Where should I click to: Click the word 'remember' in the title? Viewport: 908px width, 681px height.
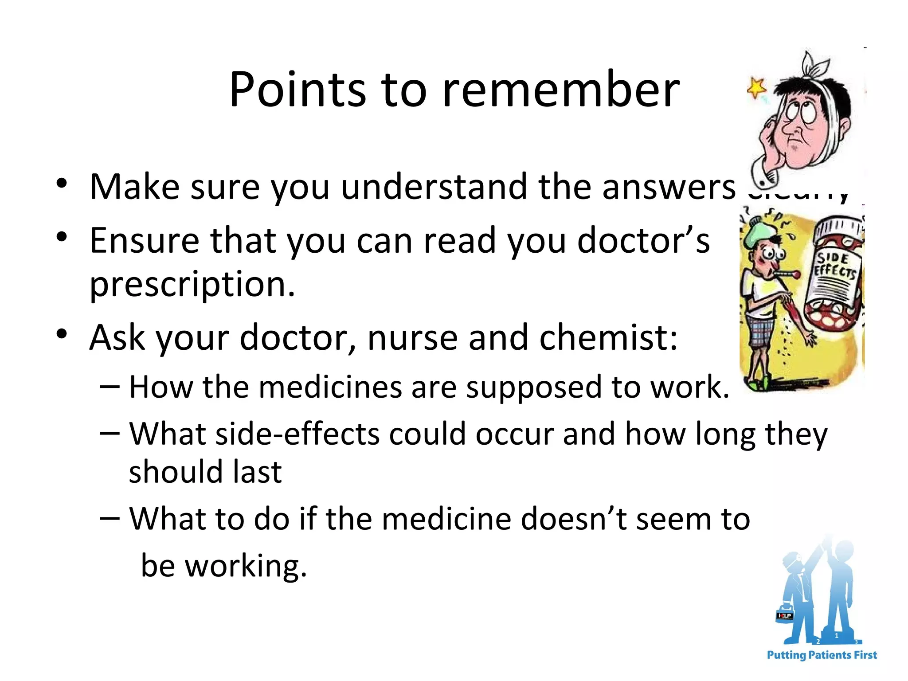[x=561, y=90]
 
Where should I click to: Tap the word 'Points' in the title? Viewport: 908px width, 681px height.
[x=297, y=90]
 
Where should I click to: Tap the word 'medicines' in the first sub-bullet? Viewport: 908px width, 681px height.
[x=330, y=387]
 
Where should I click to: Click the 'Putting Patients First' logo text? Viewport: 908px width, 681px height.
[x=822, y=655]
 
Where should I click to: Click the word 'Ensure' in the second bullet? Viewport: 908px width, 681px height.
[x=144, y=241]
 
